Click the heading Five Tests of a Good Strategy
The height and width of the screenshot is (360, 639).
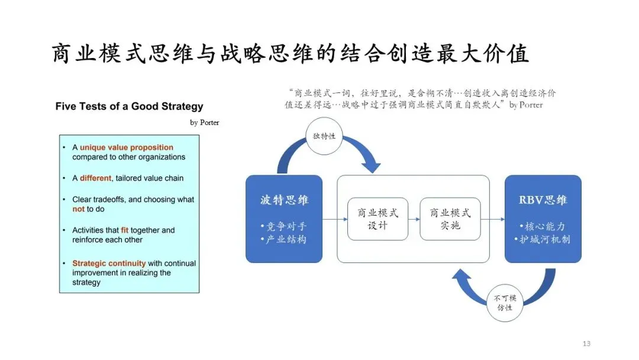pos(129,107)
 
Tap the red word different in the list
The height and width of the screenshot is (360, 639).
pos(96,178)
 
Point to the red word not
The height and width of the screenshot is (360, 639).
pos(79,209)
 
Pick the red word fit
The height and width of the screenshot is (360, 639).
pos(125,230)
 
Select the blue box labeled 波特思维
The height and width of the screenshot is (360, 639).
pos(284,218)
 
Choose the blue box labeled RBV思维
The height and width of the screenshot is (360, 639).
pos(543,218)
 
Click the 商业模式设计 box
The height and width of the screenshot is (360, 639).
pos(377,218)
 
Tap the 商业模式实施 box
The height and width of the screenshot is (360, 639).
pos(450,218)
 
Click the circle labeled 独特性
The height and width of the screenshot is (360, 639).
pos(324,136)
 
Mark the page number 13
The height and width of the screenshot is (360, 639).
pos(586,343)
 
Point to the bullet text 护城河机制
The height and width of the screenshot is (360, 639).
pos(544,240)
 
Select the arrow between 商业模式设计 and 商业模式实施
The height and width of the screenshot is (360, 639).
pos(414,219)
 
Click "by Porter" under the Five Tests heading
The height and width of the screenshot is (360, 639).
pos(204,123)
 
